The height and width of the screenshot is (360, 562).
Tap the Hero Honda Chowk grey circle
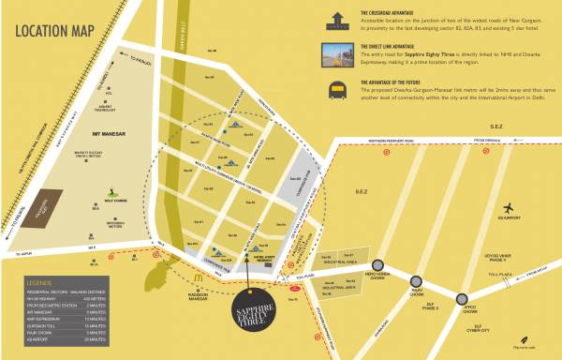[377, 265]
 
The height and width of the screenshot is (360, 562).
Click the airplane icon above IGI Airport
[509, 207]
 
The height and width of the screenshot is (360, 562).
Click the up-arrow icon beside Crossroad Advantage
[334, 17]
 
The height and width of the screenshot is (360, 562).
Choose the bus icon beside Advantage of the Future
[334, 88]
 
